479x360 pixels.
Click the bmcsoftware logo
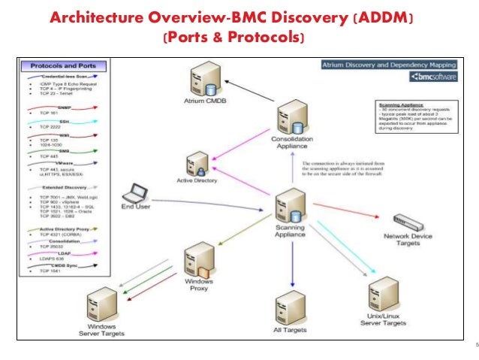434,76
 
